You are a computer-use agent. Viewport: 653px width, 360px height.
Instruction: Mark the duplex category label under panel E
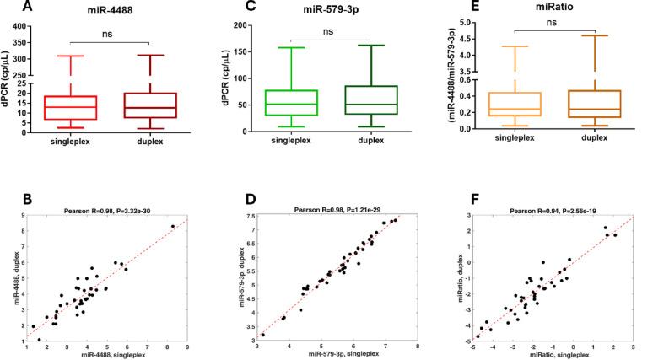click(x=583, y=146)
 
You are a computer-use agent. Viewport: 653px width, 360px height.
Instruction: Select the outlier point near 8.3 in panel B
click(x=172, y=226)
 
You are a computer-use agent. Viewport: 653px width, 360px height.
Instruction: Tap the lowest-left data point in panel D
click(x=263, y=334)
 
